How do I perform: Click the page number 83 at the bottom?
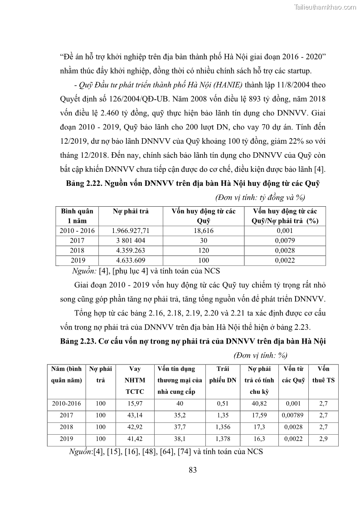click(192, 470)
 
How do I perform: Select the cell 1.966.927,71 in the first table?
click(131, 231)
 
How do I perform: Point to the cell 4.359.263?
click(131, 250)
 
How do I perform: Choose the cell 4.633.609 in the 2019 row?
click(131, 260)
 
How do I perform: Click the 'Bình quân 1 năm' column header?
click(77, 216)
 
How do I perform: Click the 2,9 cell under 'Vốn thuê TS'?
click(323, 439)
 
